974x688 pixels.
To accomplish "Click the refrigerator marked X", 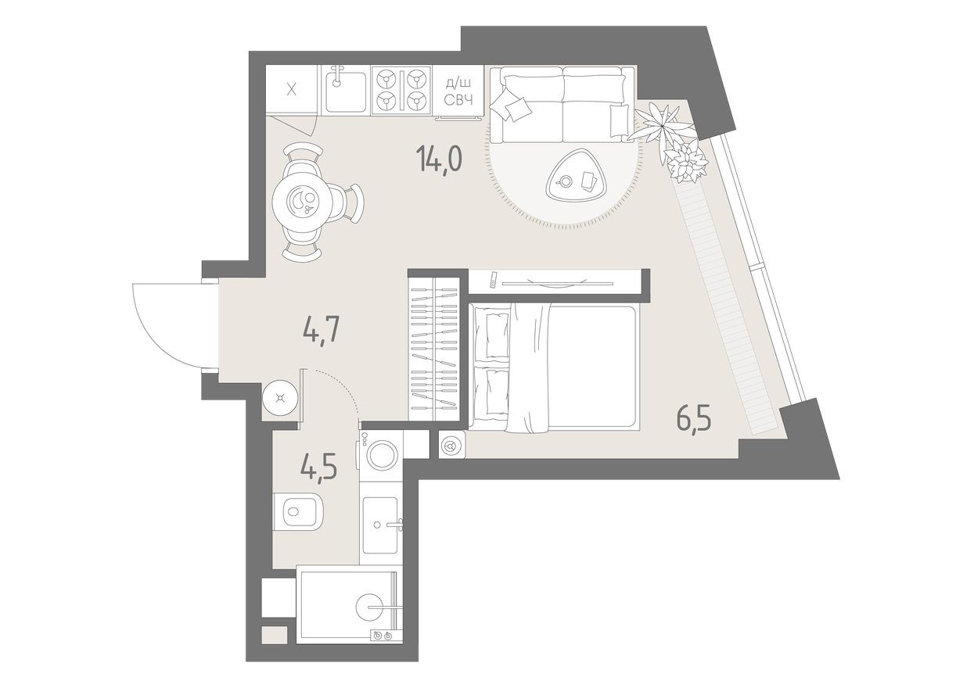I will (292, 89).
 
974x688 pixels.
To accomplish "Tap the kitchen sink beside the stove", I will (345, 89).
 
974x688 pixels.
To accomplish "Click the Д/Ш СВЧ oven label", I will (458, 91).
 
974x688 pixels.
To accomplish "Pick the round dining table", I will (307, 202).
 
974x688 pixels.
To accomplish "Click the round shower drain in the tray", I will (372, 607).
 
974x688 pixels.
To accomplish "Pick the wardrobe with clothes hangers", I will (434, 347).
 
